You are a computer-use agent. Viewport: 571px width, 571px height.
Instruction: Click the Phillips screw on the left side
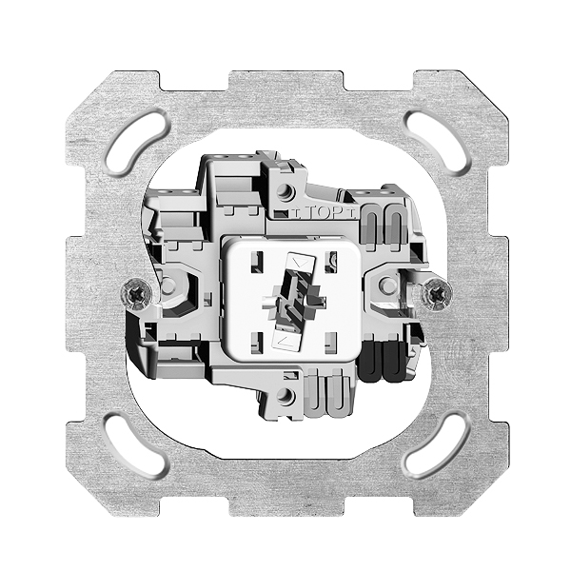tap(136, 294)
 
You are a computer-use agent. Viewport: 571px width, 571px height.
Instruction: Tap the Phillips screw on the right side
tap(436, 295)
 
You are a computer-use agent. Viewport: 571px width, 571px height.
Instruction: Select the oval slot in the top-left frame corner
tap(138, 145)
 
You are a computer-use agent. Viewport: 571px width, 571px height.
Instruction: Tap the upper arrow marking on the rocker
tap(301, 263)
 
